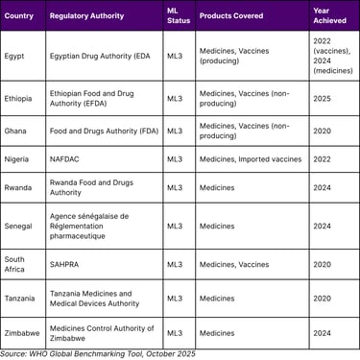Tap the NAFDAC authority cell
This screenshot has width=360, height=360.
pyautogui.click(x=66, y=159)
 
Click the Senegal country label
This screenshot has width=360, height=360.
pyautogui.click(x=19, y=227)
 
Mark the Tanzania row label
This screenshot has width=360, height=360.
pyautogui.click(x=21, y=298)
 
